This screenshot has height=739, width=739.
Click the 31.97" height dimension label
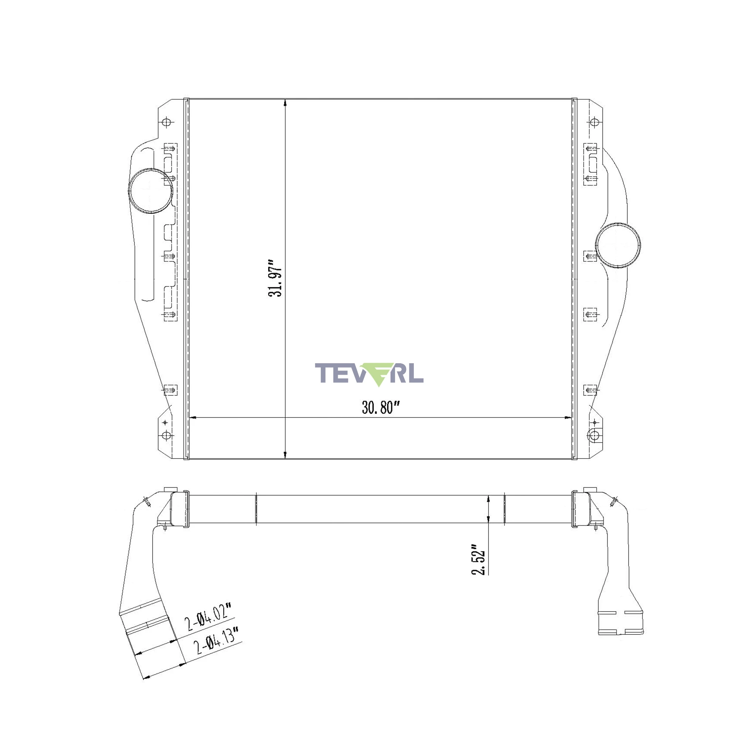click(275, 279)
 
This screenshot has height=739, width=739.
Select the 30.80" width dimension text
click(381, 408)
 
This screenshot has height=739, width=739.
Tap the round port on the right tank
click(618, 245)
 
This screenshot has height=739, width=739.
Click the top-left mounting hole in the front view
click(166, 122)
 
